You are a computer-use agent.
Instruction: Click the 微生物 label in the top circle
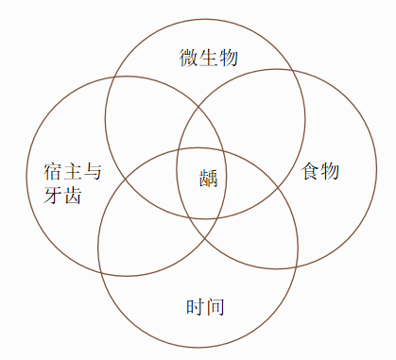(209, 58)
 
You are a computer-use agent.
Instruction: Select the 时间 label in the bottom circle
(205, 307)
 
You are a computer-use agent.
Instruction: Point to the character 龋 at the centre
(209, 177)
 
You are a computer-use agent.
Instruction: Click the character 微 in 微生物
(189, 58)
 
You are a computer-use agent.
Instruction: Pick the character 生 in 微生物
(209, 58)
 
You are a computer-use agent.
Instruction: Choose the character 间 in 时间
(215, 307)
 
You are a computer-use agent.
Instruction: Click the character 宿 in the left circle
(53, 172)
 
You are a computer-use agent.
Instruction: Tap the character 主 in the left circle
(73, 172)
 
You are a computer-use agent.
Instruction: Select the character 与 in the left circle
(93, 172)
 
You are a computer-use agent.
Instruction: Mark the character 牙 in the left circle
(53, 196)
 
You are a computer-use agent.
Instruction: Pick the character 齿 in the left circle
(73, 196)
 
